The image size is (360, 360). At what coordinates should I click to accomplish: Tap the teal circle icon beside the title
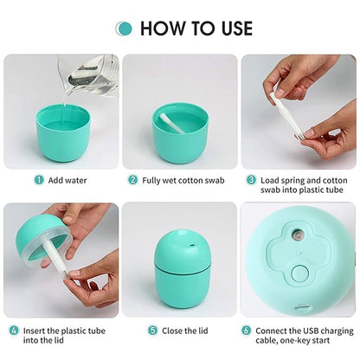click(125, 29)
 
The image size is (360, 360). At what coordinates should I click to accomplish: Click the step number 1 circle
click(38, 180)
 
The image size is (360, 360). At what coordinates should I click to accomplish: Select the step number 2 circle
click(133, 180)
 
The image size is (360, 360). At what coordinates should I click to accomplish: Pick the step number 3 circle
click(251, 180)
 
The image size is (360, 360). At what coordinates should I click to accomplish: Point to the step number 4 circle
click(14, 331)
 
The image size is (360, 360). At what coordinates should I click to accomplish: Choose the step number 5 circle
click(151, 331)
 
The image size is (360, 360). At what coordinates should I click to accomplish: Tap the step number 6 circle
click(246, 331)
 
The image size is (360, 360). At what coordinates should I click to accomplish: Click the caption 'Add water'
click(67, 180)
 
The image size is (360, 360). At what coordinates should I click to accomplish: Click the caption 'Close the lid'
click(185, 331)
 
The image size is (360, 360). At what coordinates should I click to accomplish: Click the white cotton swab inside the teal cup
click(171, 123)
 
